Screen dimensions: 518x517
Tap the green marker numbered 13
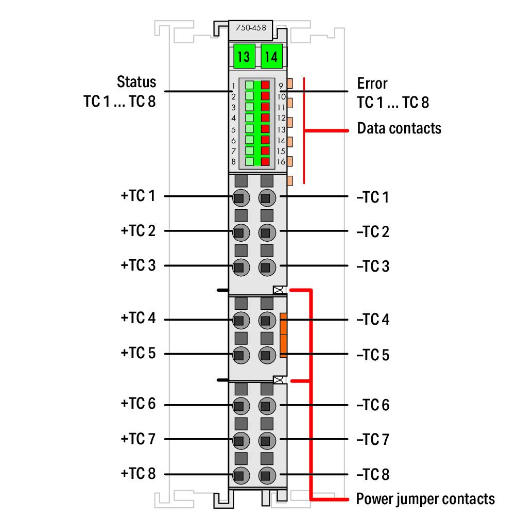click(243, 56)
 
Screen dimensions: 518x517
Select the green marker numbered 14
click(271, 56)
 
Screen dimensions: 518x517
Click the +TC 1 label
click(138, 196)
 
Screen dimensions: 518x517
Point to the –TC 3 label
click(373, 266)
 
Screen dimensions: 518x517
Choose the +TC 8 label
click(138, 474)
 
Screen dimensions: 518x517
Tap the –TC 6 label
click(373, 405)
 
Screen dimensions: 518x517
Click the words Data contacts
click(399, 128)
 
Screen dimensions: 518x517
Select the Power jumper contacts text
click(425, 499)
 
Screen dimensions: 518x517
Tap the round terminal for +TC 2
click(239, 232)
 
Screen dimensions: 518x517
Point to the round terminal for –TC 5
click(266, 355)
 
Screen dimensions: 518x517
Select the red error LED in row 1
click(266, 85)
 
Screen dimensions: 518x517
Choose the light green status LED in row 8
click(249, 161)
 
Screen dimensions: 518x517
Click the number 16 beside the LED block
click(281, 162)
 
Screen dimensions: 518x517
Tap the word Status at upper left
click(136, 82)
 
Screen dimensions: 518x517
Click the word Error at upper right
click(372, 83)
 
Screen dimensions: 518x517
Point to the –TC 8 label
click(373, 474)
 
